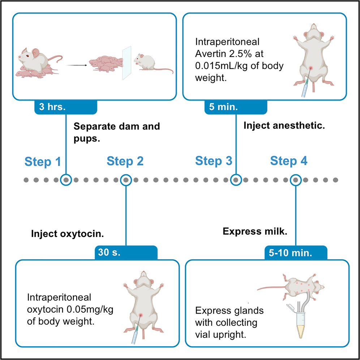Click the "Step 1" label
(x=43, y=161)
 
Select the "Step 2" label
(x=125, y=161)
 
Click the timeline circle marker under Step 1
(x=66, y=179)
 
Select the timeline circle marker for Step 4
(x=296, y=179)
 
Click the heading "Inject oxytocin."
(x=67, y=233)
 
